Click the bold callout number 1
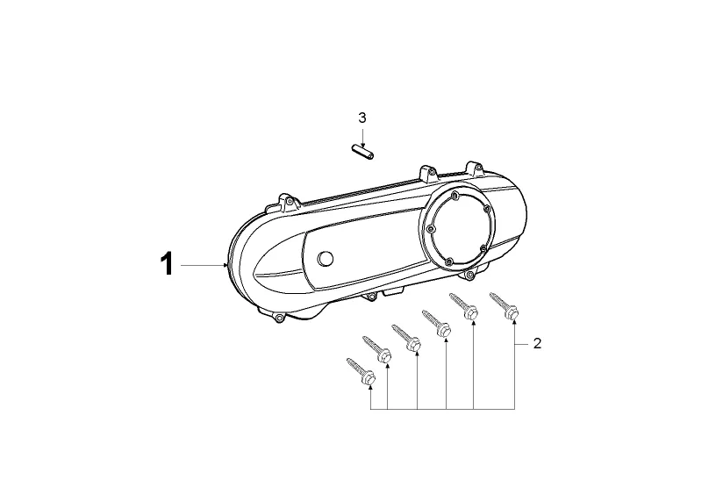tap(167, 264)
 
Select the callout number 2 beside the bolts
tap(537, 344)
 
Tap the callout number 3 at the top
tap(362, 118)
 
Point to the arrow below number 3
tap(363, 137)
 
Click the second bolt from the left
tap(376, 348)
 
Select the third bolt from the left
tap(406, 337)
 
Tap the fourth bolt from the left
tap(436, 323)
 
